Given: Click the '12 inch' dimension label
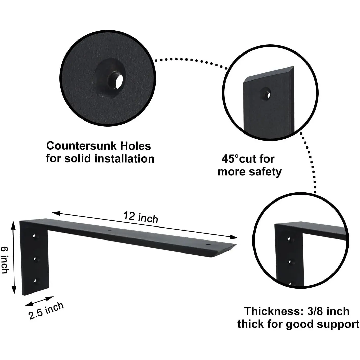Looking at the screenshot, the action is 141,217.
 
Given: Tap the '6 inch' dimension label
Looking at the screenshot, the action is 5,260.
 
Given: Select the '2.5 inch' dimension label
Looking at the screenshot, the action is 46,311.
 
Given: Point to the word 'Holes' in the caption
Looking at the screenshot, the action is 136,146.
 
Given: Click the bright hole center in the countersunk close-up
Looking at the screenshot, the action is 119,82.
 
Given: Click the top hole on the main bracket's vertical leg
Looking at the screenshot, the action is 34,236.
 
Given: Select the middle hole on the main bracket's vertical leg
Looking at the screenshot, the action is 35,259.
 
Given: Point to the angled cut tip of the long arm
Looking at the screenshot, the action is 236,244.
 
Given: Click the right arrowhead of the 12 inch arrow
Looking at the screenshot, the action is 234,237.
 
